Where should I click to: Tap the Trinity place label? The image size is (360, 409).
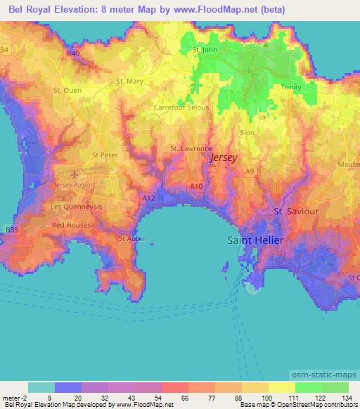[291, 86]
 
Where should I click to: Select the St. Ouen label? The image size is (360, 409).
[67, 91]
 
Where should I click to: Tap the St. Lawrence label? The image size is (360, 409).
[191, 149]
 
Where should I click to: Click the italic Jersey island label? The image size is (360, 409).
[224, 159]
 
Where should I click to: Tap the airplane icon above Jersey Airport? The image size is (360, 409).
[75, 173]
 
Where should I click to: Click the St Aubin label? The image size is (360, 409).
[132, 238]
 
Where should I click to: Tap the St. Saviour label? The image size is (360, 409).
[295, 211]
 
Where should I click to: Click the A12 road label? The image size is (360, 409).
[148, 199]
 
